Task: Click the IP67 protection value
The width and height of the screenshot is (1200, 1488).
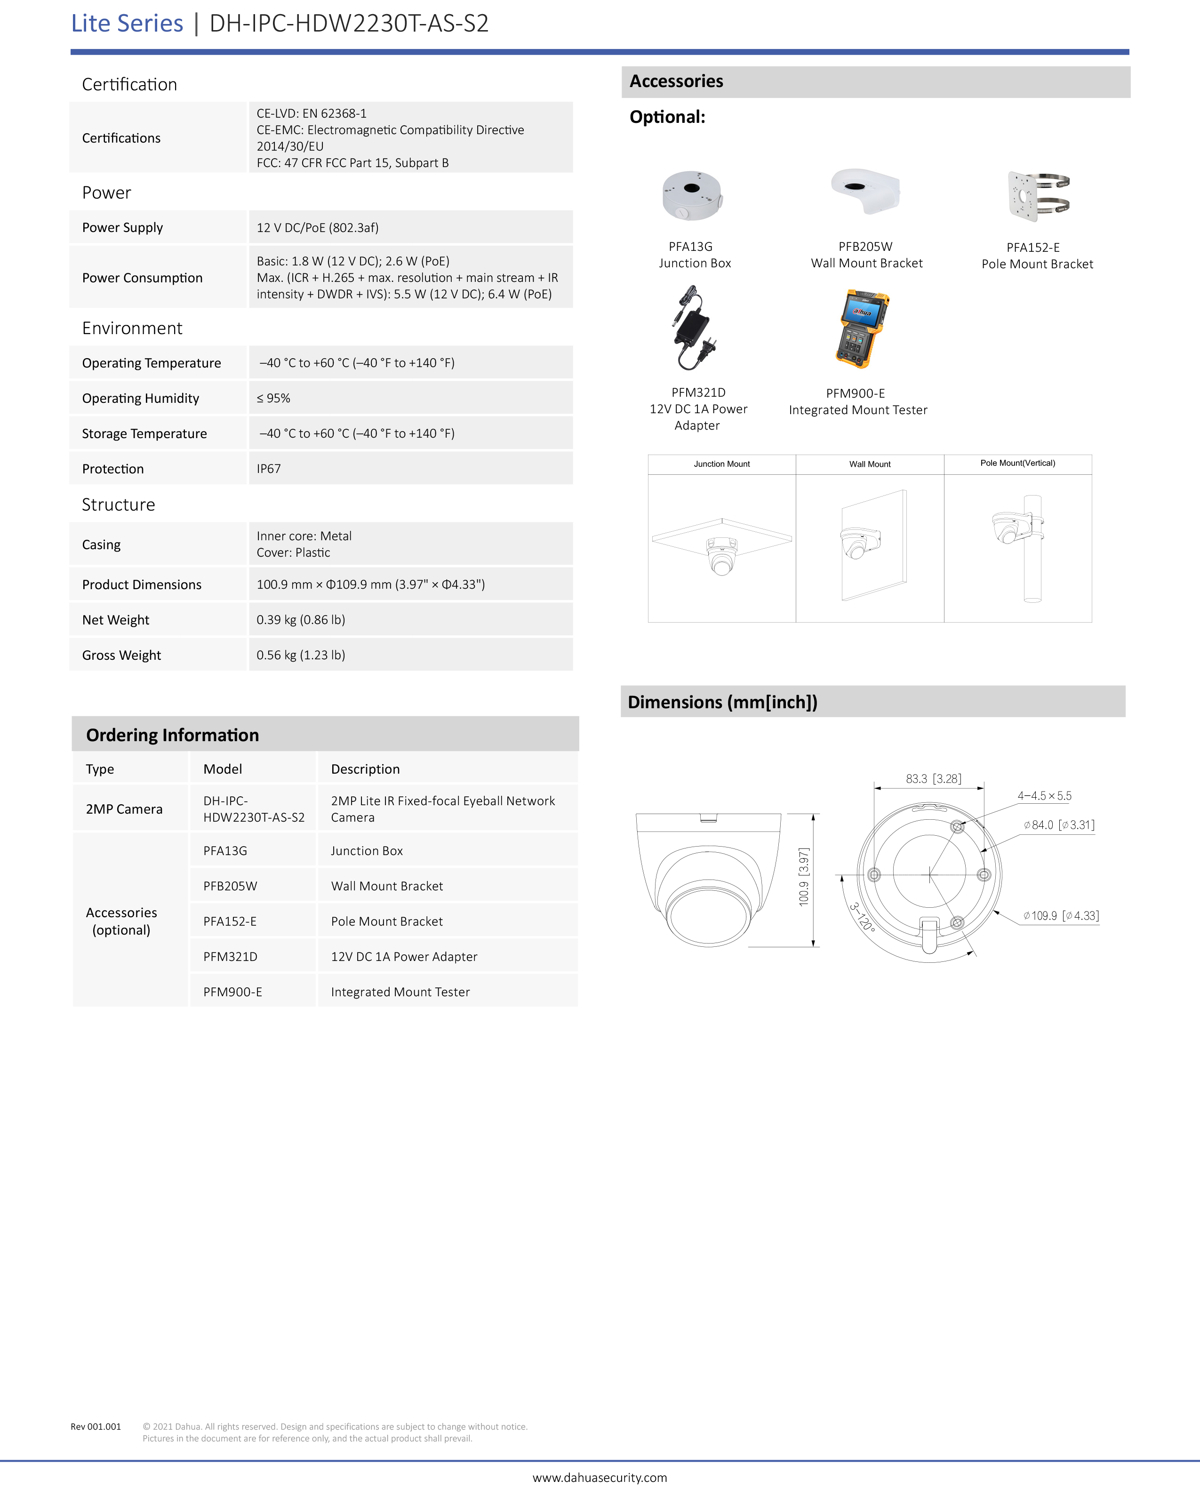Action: click(x=269, y=469)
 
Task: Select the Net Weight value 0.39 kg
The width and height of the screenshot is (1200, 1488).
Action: click(x=301, y=620)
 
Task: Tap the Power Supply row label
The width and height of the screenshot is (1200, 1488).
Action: click(x=122, y=227)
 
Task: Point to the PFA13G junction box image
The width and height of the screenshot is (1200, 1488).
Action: click(x=692, y=196)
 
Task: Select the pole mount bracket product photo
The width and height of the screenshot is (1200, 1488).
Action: click(x=1038, y=196)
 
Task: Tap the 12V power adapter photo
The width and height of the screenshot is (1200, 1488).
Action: click(x=693, y=328)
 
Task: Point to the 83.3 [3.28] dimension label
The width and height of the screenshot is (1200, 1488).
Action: click(x=933, y=779)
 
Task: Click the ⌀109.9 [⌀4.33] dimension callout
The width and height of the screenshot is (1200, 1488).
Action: click(x=1061, y=916)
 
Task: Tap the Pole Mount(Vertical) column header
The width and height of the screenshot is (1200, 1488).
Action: click(x=1017, y=463)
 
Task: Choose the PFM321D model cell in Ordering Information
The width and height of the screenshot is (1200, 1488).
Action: click(x=230, y=957)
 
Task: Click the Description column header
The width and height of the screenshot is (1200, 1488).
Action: click(x=365, y=769)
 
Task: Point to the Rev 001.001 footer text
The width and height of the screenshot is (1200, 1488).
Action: click(x=96, y=1426)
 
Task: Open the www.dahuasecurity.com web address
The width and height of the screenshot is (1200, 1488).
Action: click(x=600, y=1478)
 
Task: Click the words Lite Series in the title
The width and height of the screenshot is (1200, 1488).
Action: click(x=127, y=24)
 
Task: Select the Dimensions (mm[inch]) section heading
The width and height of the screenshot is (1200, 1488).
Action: click(x=722, y=702)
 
